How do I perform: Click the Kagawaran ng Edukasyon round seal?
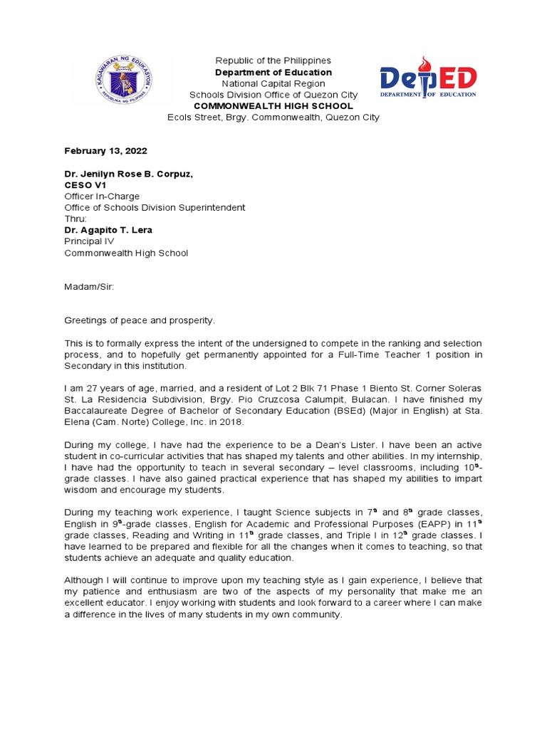[123, 84]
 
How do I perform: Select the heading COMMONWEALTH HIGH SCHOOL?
[273, 106]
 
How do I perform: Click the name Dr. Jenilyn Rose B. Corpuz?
[129, 174]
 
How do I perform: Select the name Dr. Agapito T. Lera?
[108, 230]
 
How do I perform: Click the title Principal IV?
[89, 241]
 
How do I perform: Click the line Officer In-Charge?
[102, 196]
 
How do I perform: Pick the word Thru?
[75, 219]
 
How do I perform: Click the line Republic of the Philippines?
[273, 61]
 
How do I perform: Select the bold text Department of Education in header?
[273, 73]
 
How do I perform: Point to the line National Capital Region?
[273, 83]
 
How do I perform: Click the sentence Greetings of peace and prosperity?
[140, 320]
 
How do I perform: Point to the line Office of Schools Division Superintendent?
[155, 208]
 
